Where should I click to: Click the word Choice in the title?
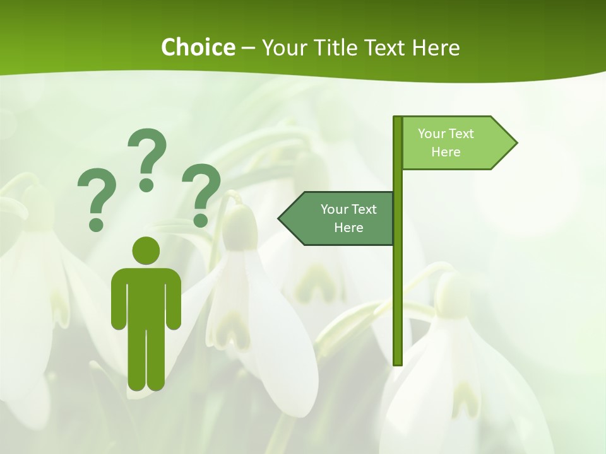(198, 47)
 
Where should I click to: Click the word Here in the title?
(435, 47)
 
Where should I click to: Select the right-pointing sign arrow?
(454, 143)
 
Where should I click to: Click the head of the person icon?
(146, 250)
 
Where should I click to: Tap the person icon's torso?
(146, 296)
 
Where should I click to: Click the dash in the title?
(248, 48)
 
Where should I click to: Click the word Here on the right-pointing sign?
(446, 152)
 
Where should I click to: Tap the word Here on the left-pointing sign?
(348, 228)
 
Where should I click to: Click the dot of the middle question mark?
(147, 185)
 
